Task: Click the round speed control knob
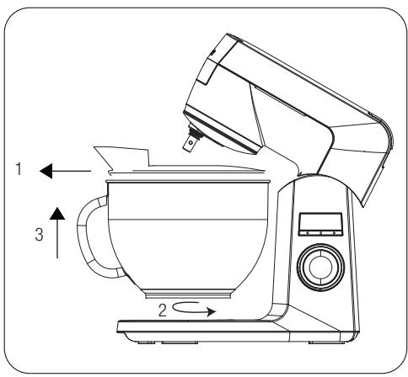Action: tap(319, 266)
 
